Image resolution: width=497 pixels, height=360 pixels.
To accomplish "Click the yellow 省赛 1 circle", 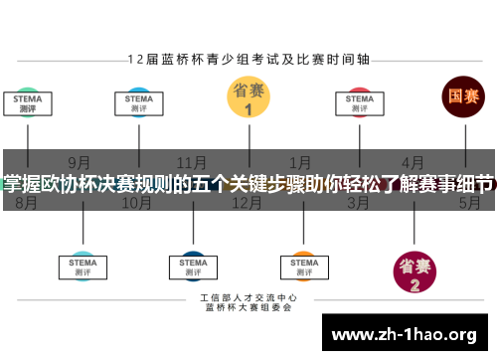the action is (248, 99).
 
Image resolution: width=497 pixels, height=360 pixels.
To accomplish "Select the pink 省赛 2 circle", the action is (415, 270).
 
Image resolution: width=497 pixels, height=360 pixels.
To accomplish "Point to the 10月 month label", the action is (136, 203).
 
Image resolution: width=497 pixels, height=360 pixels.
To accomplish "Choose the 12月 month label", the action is (247, 203).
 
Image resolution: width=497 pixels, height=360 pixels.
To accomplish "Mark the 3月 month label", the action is (359, 203).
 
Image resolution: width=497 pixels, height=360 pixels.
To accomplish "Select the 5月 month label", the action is (469, 203).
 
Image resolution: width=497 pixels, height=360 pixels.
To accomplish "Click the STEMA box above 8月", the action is (27, 103).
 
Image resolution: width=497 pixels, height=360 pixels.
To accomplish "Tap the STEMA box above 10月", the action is (138, 103).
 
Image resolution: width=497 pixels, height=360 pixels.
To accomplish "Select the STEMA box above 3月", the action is (360, 103).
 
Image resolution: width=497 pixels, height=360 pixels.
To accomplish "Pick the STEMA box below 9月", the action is (83, 265).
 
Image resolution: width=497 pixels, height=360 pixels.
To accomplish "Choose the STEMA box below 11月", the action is (192, 265).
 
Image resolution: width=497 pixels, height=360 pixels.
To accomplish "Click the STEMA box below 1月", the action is (303, 265).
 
